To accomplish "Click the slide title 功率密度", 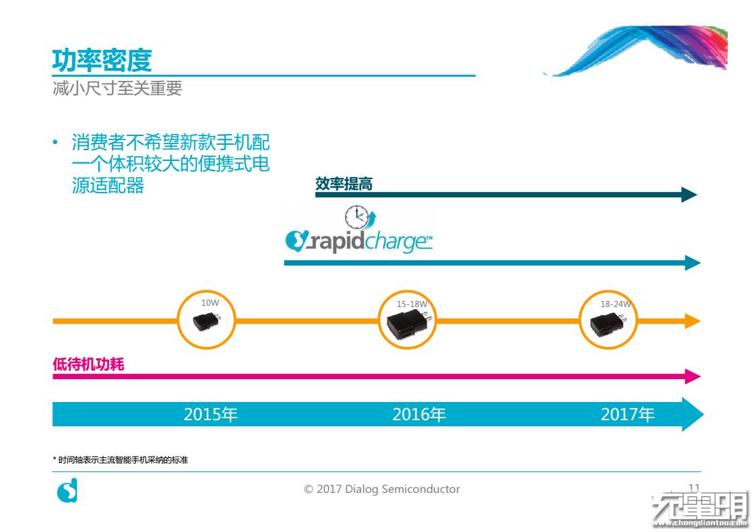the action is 102,61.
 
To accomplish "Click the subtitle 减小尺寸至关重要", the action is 117,89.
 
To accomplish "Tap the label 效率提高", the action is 344,184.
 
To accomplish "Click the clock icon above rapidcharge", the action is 358,218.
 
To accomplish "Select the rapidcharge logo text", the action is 358,241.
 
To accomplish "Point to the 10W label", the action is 210,303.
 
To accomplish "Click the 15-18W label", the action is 412,304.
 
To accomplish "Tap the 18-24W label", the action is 616,304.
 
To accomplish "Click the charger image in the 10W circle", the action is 205,323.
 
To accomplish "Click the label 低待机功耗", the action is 88,364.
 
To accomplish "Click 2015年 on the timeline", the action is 210,415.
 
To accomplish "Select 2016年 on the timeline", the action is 419,415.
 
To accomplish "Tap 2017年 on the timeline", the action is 627,415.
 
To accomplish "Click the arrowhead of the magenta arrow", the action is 693,376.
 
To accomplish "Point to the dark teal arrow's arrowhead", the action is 689,195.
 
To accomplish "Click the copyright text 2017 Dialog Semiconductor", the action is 382,490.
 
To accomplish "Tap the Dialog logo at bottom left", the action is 67,491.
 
